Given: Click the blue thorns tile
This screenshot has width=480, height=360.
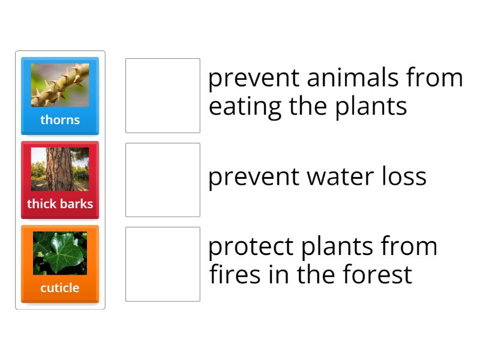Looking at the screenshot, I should tap(60, 96).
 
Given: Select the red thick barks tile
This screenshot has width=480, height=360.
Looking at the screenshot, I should tap(60, 180).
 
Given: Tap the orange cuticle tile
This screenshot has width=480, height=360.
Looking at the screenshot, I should tap(60, 264).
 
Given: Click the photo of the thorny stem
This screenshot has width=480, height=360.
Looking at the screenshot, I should tap(60, 85).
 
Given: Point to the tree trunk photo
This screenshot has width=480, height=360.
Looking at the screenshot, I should tap(60, 169).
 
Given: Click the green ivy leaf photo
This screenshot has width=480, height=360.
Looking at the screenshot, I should tap(60, 253).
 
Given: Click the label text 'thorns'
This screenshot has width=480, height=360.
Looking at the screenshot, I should tap(60, 120).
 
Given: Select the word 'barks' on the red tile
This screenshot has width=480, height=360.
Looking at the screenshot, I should tap(76, 204).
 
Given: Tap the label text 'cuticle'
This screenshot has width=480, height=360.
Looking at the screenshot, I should tap(60, 288).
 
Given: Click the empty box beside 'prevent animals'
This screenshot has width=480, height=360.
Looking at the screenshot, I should tap(163, 95).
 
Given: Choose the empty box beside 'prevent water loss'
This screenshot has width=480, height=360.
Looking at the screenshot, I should tap(163, 180).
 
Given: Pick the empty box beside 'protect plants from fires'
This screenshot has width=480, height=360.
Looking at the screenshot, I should tap(163, 264).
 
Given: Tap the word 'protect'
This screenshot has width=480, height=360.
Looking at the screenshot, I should tap(251, 247).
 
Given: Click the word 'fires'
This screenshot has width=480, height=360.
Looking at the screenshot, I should tap(236, 275).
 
